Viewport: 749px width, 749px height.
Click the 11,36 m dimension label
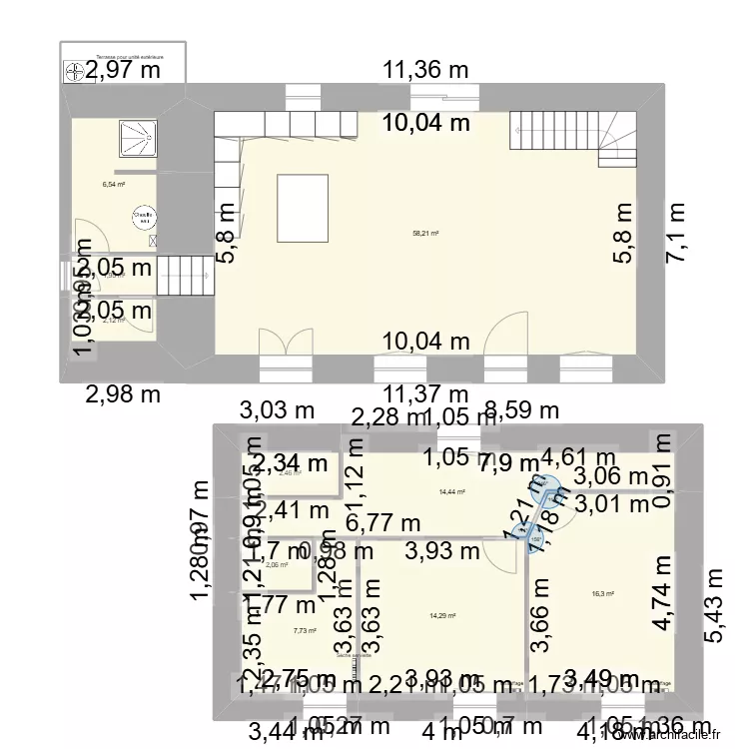[x=425, y=70]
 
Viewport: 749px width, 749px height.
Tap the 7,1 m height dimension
[x=678, y=233]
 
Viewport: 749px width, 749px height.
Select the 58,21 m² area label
[x=426, y=234]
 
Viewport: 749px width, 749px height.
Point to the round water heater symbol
[x=144, y=216]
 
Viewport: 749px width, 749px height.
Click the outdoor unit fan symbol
[x=74, y=72]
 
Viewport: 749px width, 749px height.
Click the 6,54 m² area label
[x=113, y=185]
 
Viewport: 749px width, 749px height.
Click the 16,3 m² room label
[x=603, y=593]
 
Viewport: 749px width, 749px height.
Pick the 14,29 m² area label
[x=441, y=615]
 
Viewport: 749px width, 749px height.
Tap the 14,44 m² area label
[x=452, y=491]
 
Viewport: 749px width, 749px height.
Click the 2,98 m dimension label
[x=120, y=393]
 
